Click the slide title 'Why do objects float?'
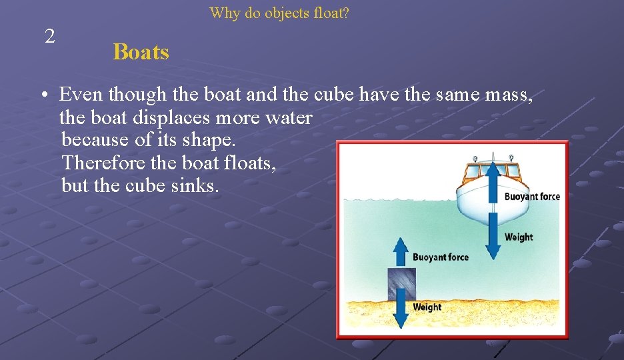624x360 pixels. (x=279, y=13)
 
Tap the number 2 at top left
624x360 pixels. (x=50, y=37)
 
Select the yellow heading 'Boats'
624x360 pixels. (x=141, y=52)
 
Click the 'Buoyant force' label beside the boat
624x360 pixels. (x=531, y=197)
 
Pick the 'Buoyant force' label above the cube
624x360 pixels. (x=440, y=257)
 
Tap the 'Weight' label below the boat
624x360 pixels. (x=519, y=237)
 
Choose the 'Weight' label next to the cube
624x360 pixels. (x=427, y=307)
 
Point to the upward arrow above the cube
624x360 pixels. (x=401, y=252)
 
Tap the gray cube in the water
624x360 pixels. (x=401, y=283)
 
